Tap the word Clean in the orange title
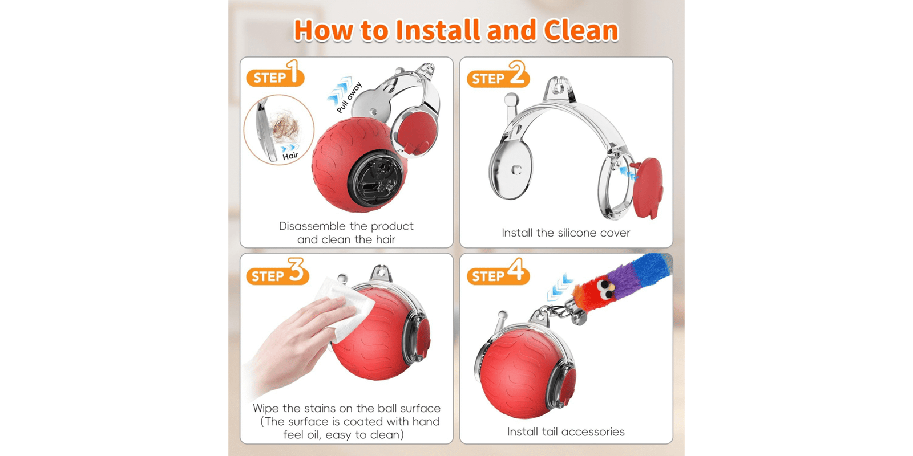coord(580,31)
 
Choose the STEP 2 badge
coord(498,74)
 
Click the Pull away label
coord(349,97)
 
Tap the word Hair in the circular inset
coord(290,156)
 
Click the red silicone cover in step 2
coord(648,188)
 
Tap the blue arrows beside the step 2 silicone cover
coord(628,173)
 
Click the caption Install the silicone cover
coord(565,233)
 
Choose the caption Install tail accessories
coord(565,431)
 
